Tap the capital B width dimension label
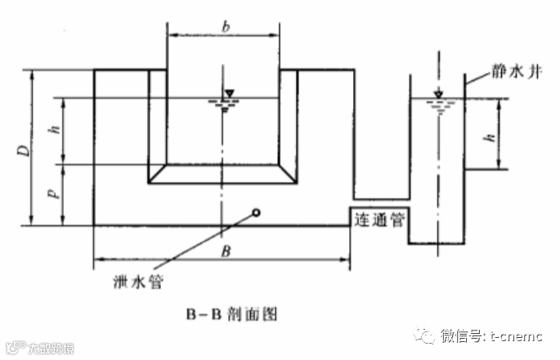[224, 250]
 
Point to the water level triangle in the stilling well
[438, 93]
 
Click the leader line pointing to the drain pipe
[204, 240]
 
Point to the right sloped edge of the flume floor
[289, 173]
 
